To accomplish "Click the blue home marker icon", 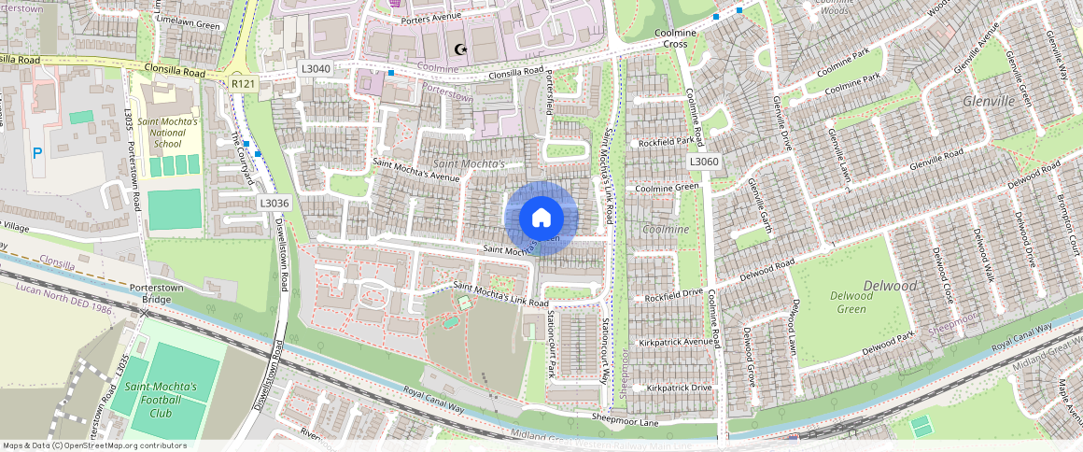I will click(x=541, y=219).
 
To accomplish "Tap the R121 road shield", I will click(x=244, y=84).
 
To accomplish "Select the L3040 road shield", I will click(x=316, y=69).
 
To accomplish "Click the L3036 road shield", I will click(x=274, y=203).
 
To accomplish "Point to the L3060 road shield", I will click(x=705, y=162).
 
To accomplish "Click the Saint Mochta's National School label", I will click(x=167, y=133).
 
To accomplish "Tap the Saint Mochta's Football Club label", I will click(x=162, y=400).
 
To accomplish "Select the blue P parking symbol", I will click(x=36, y=153).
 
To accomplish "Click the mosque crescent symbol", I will click(x=458, y=49).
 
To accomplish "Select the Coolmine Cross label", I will click(x=689, y=38).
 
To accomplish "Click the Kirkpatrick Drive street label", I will click(x=680, y=387).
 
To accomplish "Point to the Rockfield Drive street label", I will click(x=673, y=292).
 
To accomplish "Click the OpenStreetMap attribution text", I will click(x=94, y=445).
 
